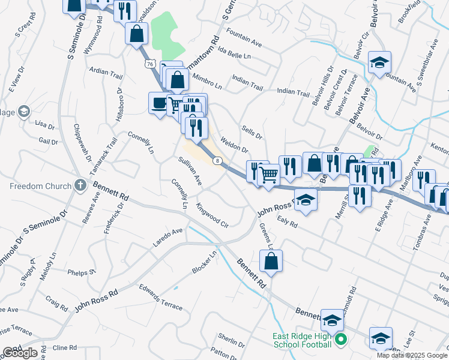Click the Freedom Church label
pyautogui.click(x=40, y=186)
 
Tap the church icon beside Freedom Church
pyautogui.click(x=80, y=185)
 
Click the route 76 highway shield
pyautogui.click(x=149, y=64)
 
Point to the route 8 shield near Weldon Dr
pyautogui.click(x=217, y=160)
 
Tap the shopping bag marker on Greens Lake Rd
pyautogui.click(x=271, y=261)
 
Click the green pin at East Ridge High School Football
pyautogui.click(x=341, y=340)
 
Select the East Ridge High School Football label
pyautogui.click(x=302, y=340)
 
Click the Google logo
pyautogui.click(x=19, y=353)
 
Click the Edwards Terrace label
pyautogui.click(x=160, y=297)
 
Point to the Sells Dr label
pyautogui.click(x=252, y=133)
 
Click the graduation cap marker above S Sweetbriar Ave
pyautogui.click(x=379, y=63)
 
